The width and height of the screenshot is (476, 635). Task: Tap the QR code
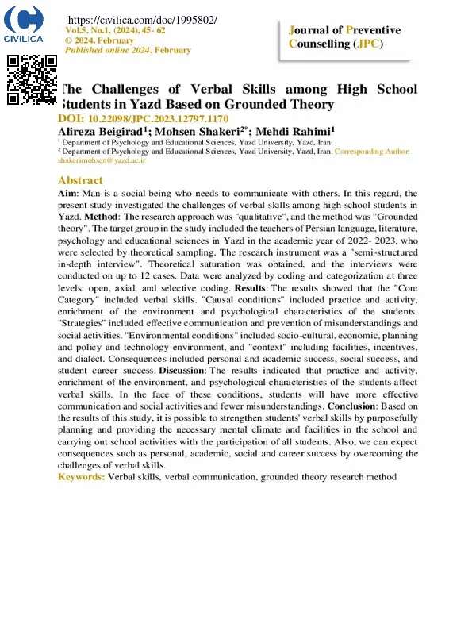33,80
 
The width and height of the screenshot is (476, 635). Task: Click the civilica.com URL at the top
143,19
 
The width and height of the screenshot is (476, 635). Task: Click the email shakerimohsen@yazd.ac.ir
102,160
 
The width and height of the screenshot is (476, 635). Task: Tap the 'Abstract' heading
80,180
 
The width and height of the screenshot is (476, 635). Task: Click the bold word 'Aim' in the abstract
67,193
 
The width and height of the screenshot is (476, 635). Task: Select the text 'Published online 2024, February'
127,50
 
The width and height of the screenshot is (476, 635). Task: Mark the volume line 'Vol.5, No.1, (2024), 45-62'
114,29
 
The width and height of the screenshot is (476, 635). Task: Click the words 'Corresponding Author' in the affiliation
372,150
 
